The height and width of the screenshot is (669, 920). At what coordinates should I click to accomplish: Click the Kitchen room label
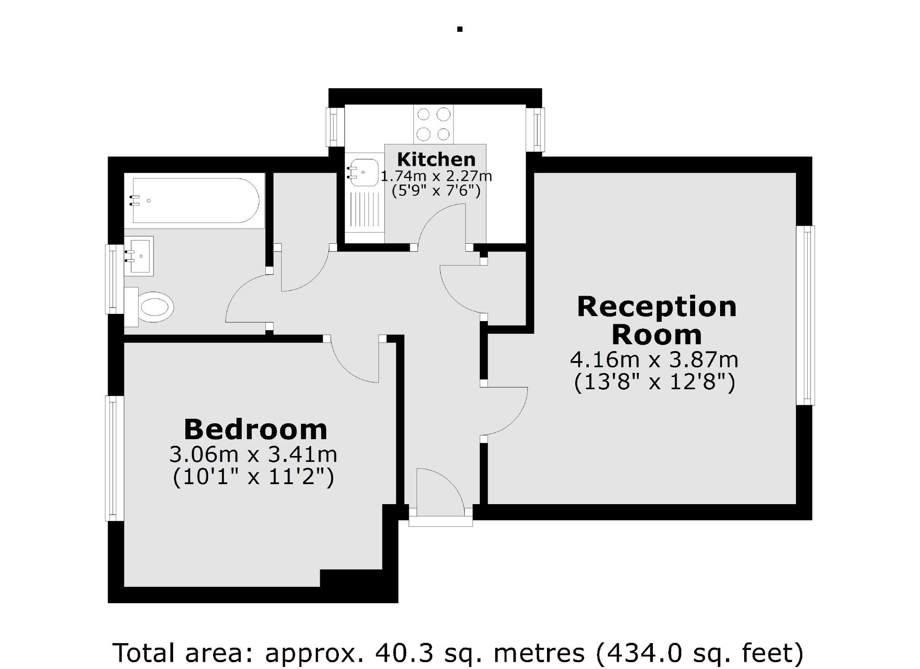pyautogui.click(x=436, y=159)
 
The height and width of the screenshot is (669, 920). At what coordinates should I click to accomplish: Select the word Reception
pyautogui.click(x=656, y=307)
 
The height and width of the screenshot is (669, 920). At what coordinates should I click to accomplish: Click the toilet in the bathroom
pyautogui.click(x=154, y=307)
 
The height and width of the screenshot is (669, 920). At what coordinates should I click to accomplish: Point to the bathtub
pyautogui.click(x=195, y=200)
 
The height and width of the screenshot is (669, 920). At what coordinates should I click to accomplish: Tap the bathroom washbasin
pyautogui.click(x=139, y=256)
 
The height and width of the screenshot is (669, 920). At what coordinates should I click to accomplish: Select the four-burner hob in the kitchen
pyautogui.click(x=433, y=124)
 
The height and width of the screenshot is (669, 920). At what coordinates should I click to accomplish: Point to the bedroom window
pyautogui.click(x=114, y=458)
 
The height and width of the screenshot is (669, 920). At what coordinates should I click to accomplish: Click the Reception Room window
pyautogui.click(x=806, y=315)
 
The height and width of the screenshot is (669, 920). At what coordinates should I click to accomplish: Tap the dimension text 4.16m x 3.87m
pyautogui.click(x=654, y=360)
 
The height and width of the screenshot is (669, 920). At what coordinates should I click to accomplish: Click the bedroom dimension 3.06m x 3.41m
pyautogui.click(x=253, y=454)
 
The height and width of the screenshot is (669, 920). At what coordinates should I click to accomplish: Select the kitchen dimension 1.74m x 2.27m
pyautogui.click(x=436, y=176)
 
